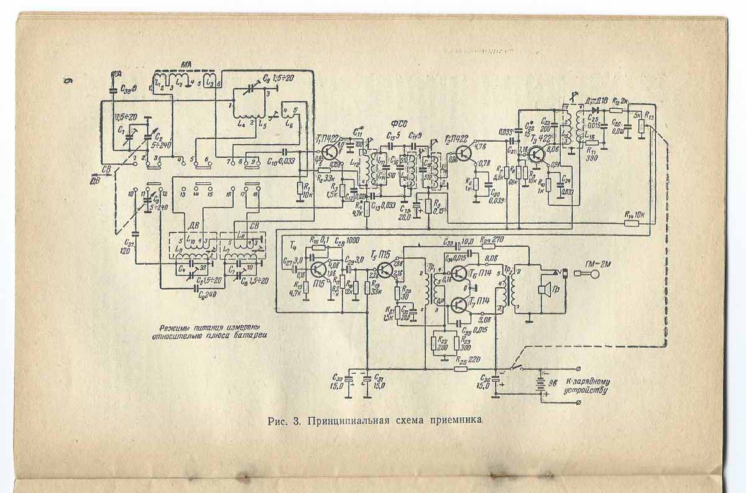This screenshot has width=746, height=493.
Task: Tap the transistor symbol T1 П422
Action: [x=330, y=152]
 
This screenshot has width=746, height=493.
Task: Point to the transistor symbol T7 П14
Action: [x=459, y=304]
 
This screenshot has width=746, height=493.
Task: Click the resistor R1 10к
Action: [x=300, y=188]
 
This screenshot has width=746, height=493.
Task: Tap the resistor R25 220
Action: [x=461, y=368]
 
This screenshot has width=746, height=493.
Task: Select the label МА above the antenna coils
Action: [x=185, y=65]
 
